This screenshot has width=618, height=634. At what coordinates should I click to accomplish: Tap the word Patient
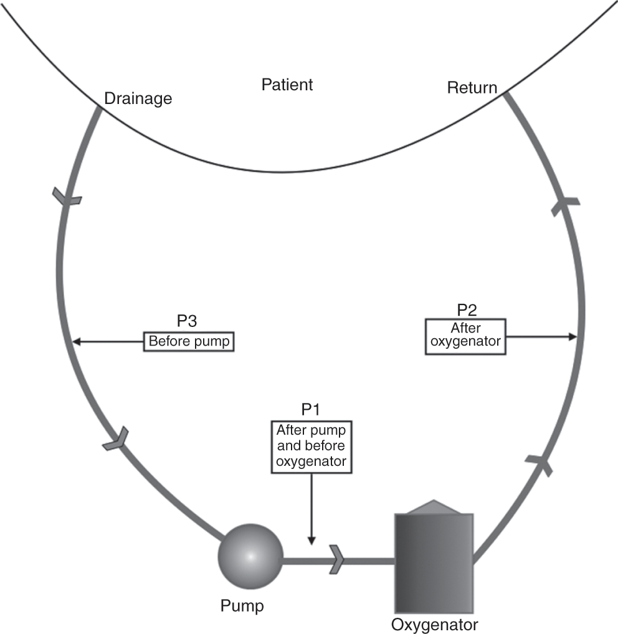(x=287, y=84)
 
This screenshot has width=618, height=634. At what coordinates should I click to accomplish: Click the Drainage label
(x=138, y=98)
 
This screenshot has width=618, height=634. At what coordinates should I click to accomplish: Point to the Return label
(x=472, y=87)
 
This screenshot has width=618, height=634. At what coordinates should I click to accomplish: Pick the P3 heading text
(x=188, y=323)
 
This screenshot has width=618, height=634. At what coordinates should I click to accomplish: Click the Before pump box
(x=189, y=341)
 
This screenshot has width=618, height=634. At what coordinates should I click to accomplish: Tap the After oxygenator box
(x=465, y=336)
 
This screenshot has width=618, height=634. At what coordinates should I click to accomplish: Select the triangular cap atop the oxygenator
(x=434, y=507)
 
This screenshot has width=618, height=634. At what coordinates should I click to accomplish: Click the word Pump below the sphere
(x=242, y=605)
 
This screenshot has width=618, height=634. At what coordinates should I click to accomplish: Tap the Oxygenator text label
(x=435, y=623)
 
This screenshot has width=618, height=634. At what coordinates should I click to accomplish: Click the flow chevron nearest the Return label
(x=564, y=203)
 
